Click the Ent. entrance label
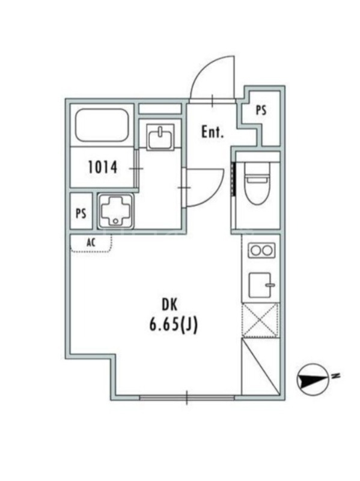213,132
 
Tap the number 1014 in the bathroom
103,168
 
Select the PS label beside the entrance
261,111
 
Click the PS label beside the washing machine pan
81,213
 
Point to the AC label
91,243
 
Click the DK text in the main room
169,305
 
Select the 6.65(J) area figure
173,325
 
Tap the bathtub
102,125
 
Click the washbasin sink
160,137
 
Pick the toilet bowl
257,183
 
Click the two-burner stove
261,250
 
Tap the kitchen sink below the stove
261,285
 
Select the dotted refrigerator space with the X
260,320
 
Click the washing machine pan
115,211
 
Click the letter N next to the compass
337,375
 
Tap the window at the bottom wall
187,397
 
